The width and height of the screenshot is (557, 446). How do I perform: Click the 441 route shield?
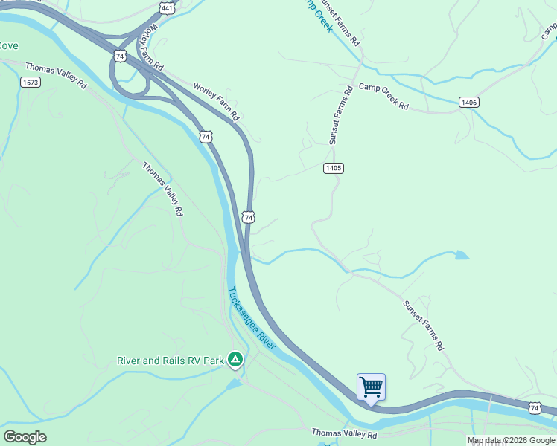pyautogui.click(x=167, y=8)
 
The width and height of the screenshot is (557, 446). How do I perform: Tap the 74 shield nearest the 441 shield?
pyautogui.click(x=119, y=56)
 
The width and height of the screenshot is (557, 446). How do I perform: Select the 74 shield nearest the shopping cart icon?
pyautogui.click(x=535, y=407)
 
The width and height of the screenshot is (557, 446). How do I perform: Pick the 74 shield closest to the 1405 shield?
pyautogui.click(x=249, y=217)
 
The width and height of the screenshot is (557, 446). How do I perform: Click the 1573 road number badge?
pyautogui.click(x=31, y=82)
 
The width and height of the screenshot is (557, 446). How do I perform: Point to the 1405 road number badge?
pyautogui.click(x=333, y=168)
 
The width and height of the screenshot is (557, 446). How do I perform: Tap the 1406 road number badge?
pyautogui.click(x=468, y=102)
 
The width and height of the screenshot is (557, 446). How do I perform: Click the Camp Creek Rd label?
pyautogui.click(x=384, y=97)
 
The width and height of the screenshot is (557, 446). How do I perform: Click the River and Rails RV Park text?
pyautogui.click(x=171, y=361)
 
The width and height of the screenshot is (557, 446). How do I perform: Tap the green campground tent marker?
pyautogui.click(x=235, y=361)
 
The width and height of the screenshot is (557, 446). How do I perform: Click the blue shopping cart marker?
pyautogui.click(x=371, y=387)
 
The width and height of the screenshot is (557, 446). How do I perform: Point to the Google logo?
pyautogui.click(x=25, y=437)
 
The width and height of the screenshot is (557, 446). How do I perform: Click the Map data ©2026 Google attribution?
pyautogui.click(x=512, y=440)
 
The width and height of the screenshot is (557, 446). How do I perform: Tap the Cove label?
pyautogui.click(x=8, y=46)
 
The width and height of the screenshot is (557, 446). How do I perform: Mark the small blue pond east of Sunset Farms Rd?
pyautogui.click(x=462, y=256)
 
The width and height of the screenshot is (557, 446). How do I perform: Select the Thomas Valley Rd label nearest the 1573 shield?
pyautogui.click(x=56, y=75)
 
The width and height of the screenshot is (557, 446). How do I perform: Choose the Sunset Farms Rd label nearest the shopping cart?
pyautogui.click(x=424, y=325)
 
